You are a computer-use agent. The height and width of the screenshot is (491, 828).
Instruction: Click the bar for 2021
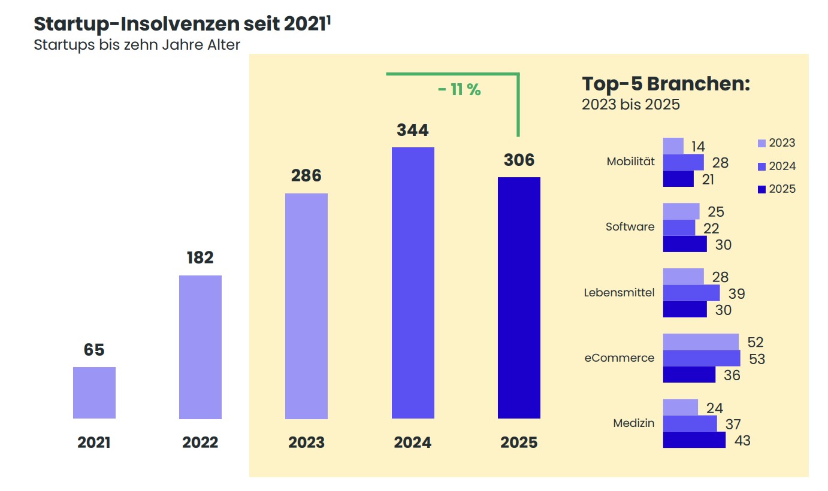tap(94, 393)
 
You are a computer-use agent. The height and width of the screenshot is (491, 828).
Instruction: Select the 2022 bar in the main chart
tap(200, 347)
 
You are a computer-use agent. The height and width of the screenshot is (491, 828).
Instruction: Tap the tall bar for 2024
tap(413, 283)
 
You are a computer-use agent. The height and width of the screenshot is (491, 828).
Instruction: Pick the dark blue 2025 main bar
tap(519, 298)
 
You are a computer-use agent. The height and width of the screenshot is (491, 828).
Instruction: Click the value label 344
tap(413, 130)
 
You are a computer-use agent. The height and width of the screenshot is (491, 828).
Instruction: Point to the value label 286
tap(306, 175)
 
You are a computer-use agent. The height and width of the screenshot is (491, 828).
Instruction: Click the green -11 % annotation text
tap(459, 90)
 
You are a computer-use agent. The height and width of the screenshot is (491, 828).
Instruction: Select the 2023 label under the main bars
tap(306, 442)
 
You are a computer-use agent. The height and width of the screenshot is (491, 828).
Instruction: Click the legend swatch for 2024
tap(762, 166)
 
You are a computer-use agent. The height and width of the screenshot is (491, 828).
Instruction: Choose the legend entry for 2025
tap(776, 189)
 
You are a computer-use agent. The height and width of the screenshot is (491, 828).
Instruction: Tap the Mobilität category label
tap(630, 162)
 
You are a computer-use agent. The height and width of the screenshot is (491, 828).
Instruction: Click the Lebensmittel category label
tap(619, 293)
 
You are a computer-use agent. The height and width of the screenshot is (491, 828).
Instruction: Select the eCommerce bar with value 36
tap(689, 374)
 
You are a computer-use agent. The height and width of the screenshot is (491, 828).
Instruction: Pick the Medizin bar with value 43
tap(694, 440)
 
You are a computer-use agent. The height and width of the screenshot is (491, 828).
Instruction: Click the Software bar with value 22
tap(679, 228)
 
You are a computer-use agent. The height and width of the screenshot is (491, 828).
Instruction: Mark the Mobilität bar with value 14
tap(673, 146)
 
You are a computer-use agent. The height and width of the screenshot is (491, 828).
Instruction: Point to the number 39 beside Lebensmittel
tap(736, 293)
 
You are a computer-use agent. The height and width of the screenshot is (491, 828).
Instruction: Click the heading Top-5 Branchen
tap(666, 84)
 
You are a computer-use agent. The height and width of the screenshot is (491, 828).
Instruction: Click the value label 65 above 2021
tap(94, 350)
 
